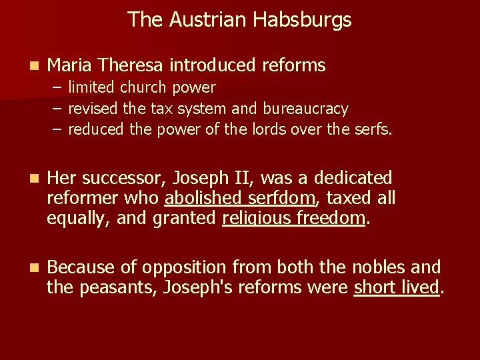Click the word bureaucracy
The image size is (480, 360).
(305, 108)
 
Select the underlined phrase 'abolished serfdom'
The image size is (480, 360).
(239, 198)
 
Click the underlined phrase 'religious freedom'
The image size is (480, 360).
(293, 217)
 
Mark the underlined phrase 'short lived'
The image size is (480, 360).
(397, 287)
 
